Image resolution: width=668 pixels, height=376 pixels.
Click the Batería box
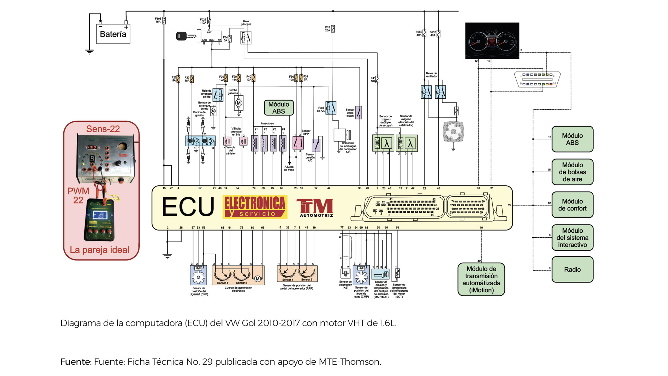coord(113,34)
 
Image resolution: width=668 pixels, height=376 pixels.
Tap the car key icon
coord(186,36)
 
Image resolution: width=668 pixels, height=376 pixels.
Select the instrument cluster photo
coord(492,41)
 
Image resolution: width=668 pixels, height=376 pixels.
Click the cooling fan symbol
coord(453,131)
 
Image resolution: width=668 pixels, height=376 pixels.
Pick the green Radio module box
coord(572,269)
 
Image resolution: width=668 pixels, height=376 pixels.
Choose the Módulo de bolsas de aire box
coord(572,172)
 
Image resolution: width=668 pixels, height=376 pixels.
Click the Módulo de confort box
coord(572,205)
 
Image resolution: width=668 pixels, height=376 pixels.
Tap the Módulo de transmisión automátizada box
coord(481,279)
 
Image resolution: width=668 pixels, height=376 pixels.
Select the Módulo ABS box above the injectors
coord(279,108)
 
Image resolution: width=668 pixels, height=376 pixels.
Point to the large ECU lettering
coord(188,207)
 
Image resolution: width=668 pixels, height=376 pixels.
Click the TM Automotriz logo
coord(315,208)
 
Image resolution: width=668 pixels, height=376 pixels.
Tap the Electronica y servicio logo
coord(255,207)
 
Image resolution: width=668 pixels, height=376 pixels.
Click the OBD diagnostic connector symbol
coord(537,80)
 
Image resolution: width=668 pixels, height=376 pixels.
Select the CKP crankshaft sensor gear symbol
coord(198,277)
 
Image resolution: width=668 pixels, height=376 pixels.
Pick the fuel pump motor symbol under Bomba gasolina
coord(238,103)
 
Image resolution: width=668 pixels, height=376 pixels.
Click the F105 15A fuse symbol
coord(164,20)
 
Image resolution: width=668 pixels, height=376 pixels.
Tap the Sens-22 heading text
coord(103,129)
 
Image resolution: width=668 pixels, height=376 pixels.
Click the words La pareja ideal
coord(99,250)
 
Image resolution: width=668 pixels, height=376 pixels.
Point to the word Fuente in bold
coord(76,362)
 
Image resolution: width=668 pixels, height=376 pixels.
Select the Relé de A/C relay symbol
coord(331,108)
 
